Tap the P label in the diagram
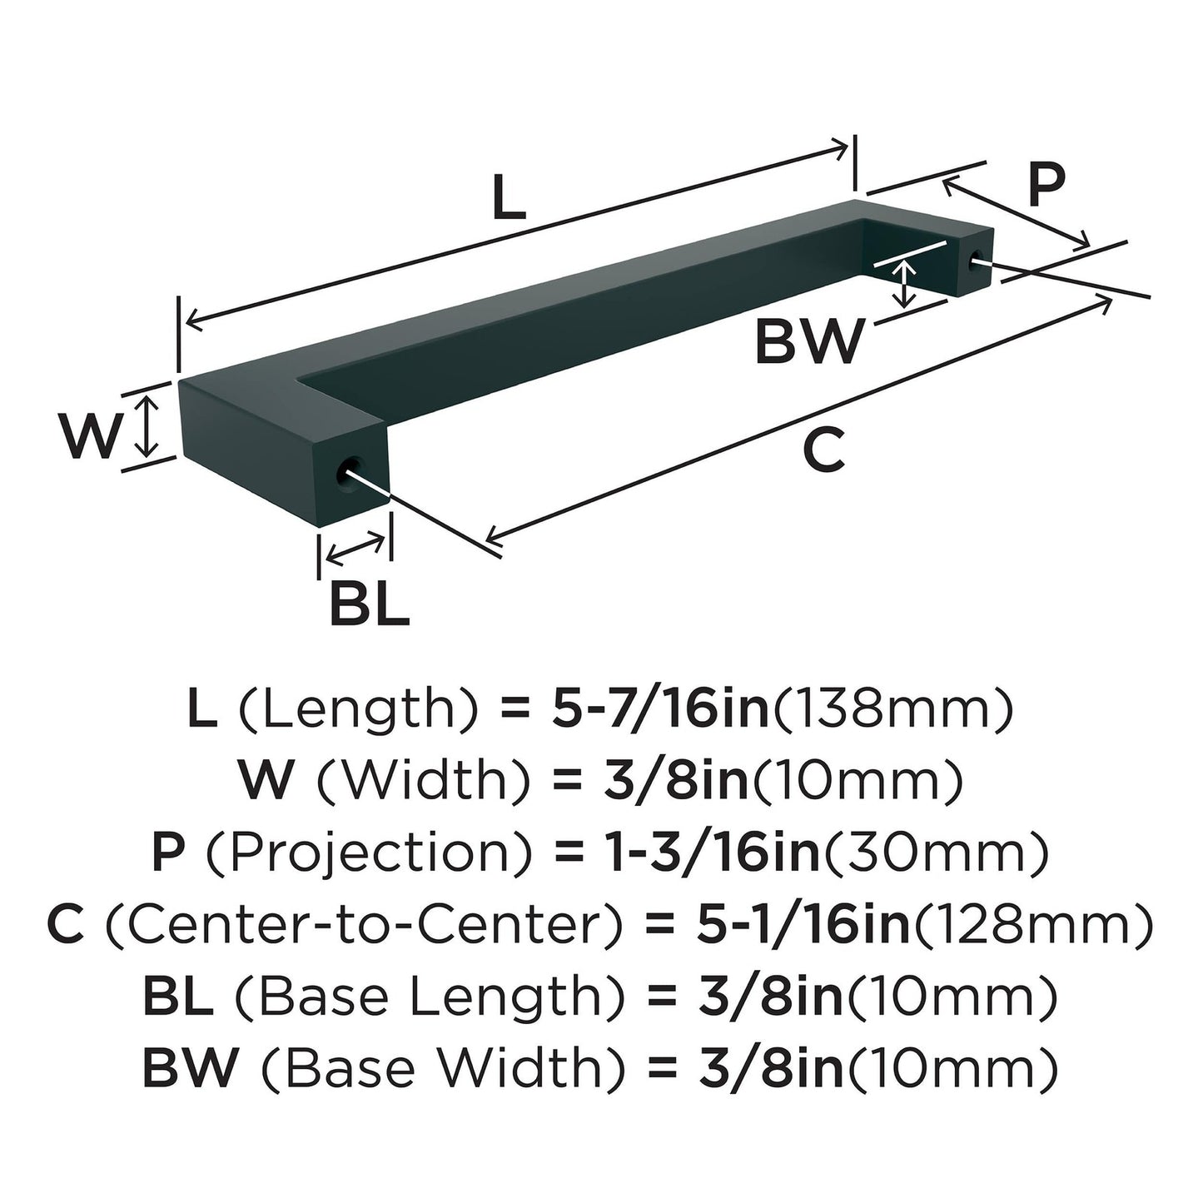click(x=1046, y=185)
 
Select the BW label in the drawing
click(x=808, y=341)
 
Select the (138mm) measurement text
click(x=893, y=708)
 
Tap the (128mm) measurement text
click(x=1032, y=925)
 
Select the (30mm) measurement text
click(x=935, y=853)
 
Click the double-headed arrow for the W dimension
click(x=147, y=425)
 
